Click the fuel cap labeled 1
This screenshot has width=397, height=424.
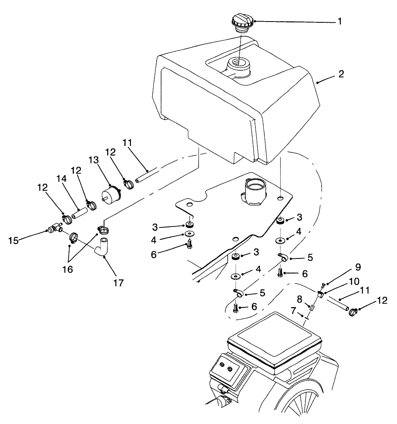pos(241,22)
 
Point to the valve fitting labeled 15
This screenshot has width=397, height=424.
pos(54,229)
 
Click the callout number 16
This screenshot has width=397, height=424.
pos(68,270)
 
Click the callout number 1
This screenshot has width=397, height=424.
pos(340,21)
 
